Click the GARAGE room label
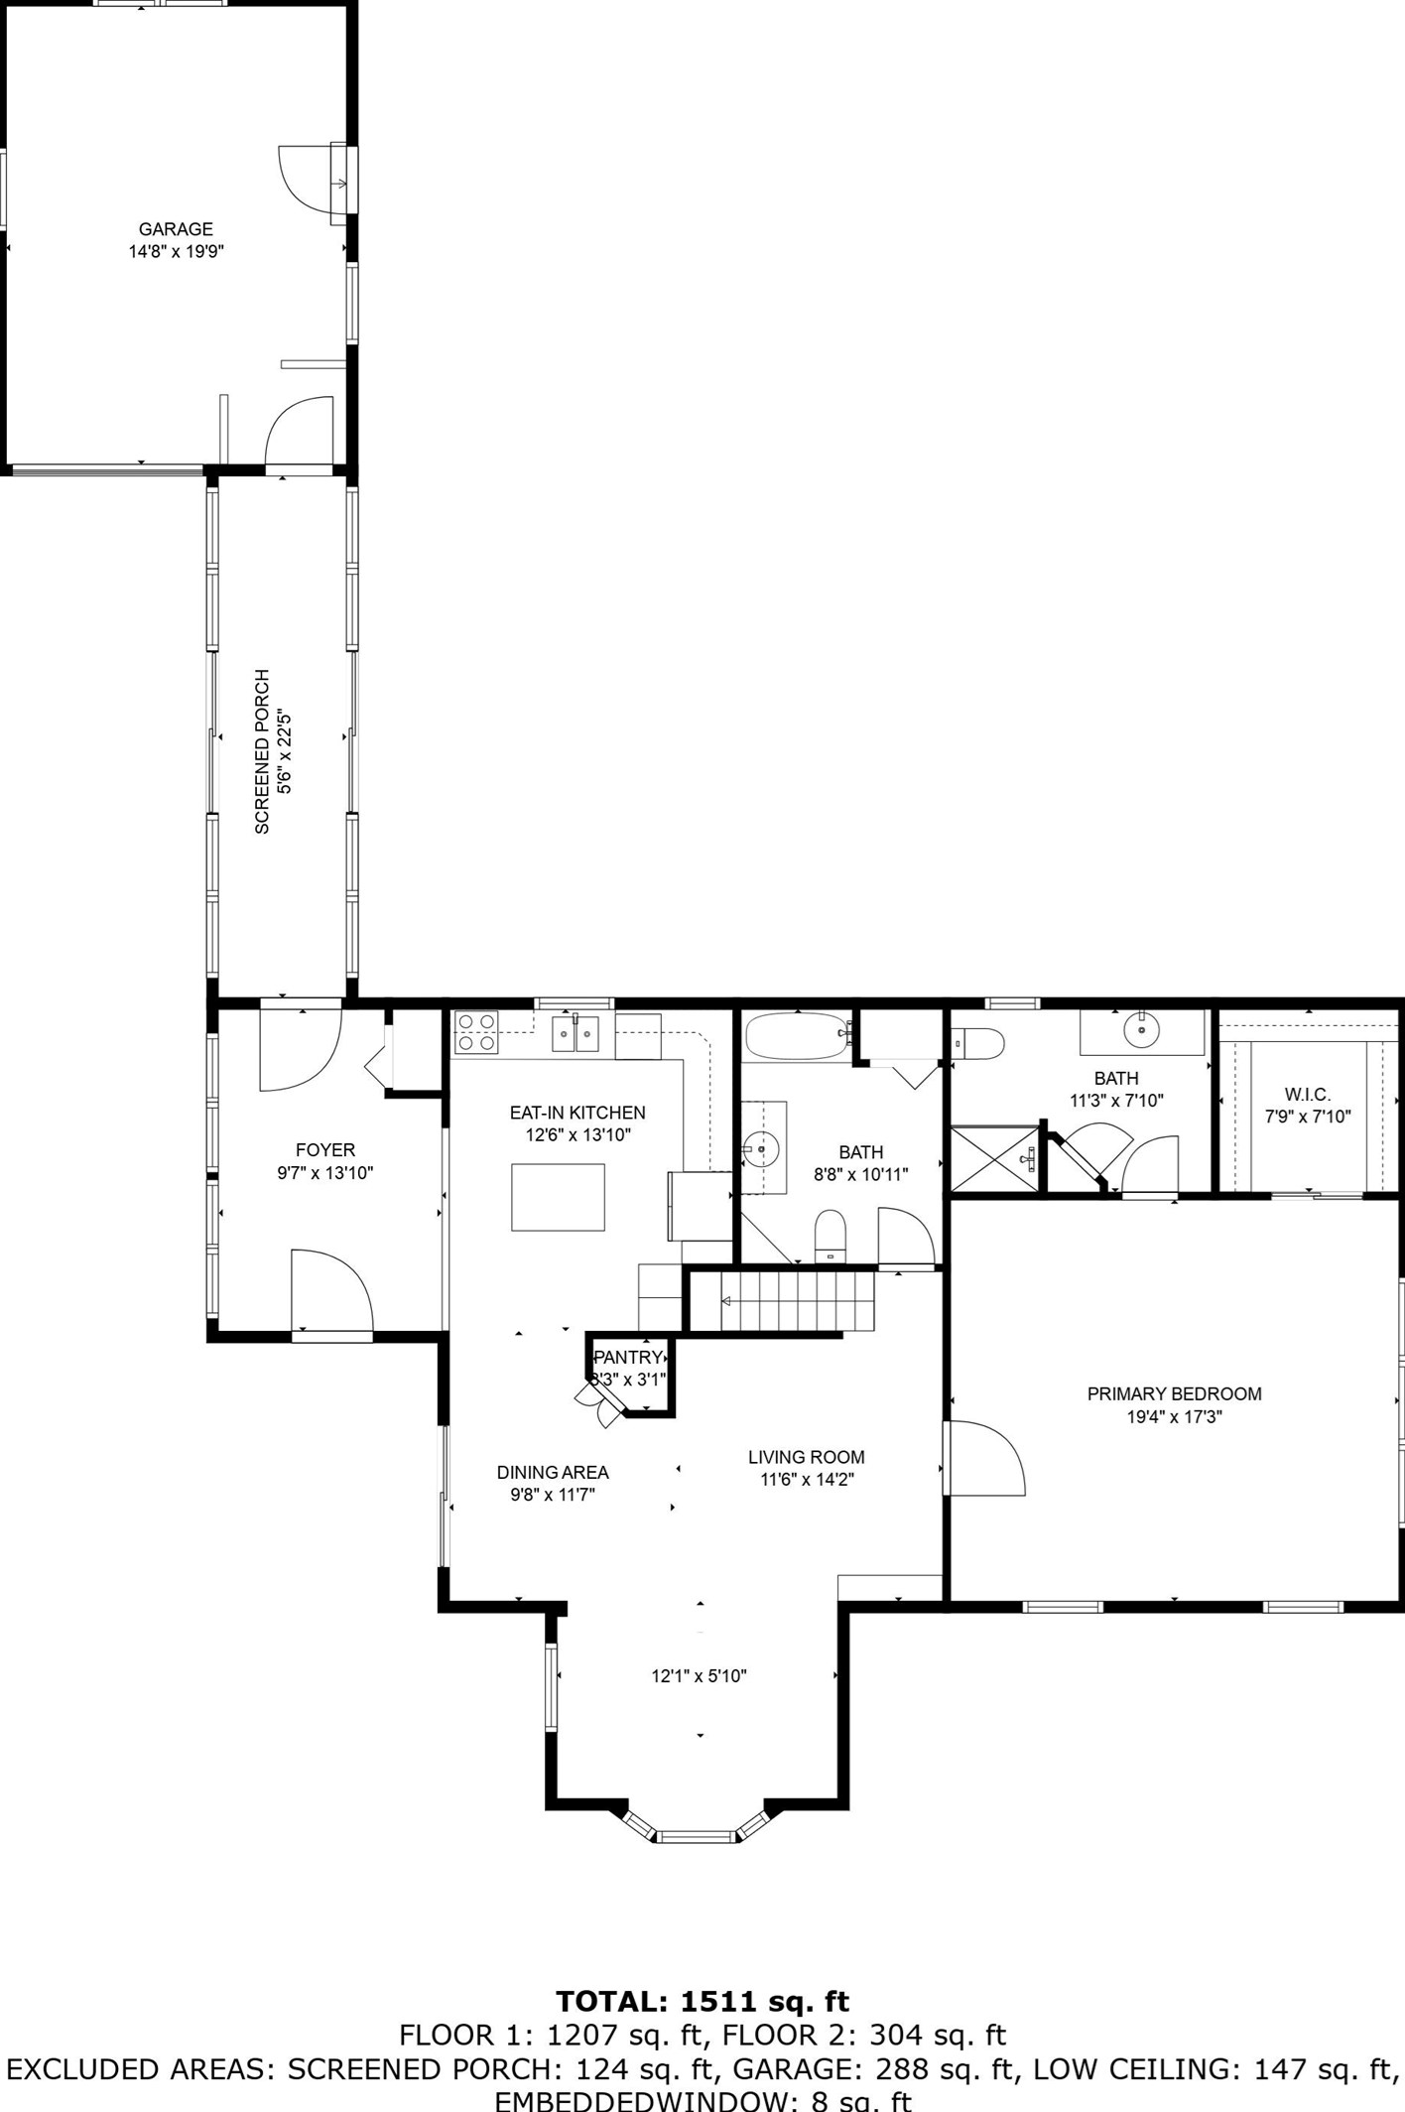(x=176, y=229)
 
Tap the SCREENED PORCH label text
(x=262, y=751)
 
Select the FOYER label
(x=324, y=1150)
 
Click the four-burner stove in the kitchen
(x=477, y=1032)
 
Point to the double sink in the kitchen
(x=576, y=1034)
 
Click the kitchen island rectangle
(x=558, y=1197)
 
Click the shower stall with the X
(x=995, y=1158)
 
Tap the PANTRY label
(x=627, y=1358)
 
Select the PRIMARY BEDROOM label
(x=1174, y=1394)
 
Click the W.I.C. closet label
(x=1307, y=1094)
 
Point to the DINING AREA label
(x=553, y=1473)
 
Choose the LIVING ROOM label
(x=806, y=1457)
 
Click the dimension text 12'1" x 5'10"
(x=699, y=1676)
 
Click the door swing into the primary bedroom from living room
(x=985, y=1458)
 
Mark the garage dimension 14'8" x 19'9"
(x=176, y=252)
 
